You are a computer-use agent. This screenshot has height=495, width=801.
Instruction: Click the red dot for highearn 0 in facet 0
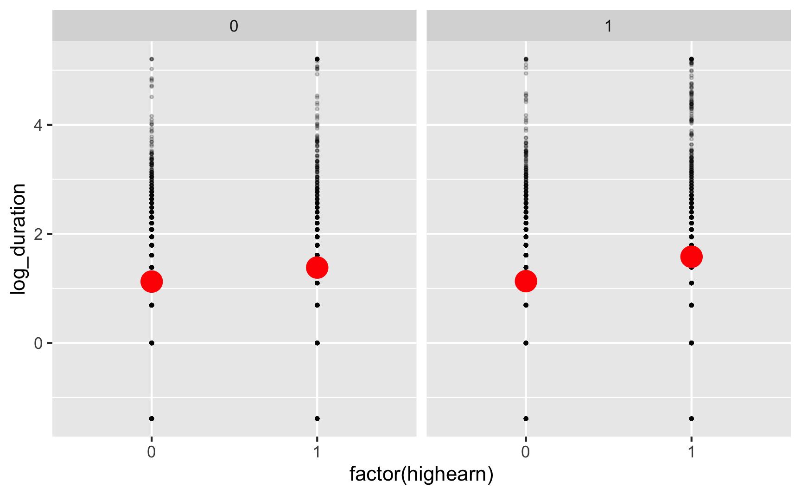pyautogui.click(x=152, y=281)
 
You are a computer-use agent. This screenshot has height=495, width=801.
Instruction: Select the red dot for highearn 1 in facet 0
pyautogui.click(x=317, y=267)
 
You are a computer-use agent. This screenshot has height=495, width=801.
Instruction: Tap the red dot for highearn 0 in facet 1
pyautogui.click(x=526, y=281)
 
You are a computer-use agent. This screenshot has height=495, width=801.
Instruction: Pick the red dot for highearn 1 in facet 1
pyautogui.click(x=691, y=257)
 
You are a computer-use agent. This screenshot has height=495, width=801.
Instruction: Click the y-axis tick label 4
pyautogui.click(x=38, y=125)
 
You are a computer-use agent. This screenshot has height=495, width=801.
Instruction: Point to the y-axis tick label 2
pyautogui.click(x=38, y=234)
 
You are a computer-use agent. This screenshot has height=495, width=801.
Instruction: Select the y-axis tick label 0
pyautogui.click(x=38, y=343)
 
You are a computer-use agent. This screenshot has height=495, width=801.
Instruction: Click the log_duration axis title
pyautogui.click(x=19, y=238)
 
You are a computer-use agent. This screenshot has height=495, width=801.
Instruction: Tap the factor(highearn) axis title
pyautogui.click(x=421, y=474)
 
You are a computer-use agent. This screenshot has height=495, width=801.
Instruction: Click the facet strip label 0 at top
pyautogui.click(x=234, y=26)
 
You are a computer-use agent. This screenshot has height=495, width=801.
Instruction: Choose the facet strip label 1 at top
pyautogui.click(x=608, y=26)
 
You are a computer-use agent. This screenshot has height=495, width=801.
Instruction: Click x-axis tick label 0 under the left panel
pyautogui.click(x=152, y=452)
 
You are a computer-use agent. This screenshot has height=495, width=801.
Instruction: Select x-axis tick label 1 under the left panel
pyautogui.click(x=317, y=452)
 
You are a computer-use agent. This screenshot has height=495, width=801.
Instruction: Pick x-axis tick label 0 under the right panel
pyautogui.click(x=526, y=452)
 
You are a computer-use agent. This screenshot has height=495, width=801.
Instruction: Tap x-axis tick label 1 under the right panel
pyautogui.click(x=691, y=452)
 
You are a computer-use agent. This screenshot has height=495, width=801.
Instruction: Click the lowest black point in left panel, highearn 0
pyautogui.click(x=152, y=418)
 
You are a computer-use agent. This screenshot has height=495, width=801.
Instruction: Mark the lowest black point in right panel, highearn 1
pyautogui.click(x=691, y=418)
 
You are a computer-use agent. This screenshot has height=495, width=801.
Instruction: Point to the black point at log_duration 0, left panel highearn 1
pyautogui.click(x=317, y=343)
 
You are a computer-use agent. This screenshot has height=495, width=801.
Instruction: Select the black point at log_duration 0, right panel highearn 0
pyautogui.click(x=526, y=343)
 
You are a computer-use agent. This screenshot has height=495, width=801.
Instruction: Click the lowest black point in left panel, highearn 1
pyautogui.click(x=317, y=418)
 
